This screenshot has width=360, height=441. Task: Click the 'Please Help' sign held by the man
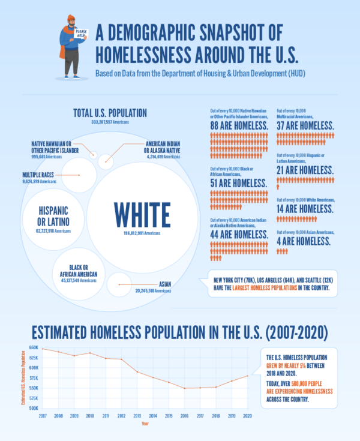coord(80,33)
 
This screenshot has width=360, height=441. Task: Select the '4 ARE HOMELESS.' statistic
coord(304,241)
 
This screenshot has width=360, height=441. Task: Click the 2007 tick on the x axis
coord(43,415)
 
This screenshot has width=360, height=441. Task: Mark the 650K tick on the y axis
coord(34,348)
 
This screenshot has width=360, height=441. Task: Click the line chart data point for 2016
coord(185,388)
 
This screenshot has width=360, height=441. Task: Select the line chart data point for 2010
coord(91,353)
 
